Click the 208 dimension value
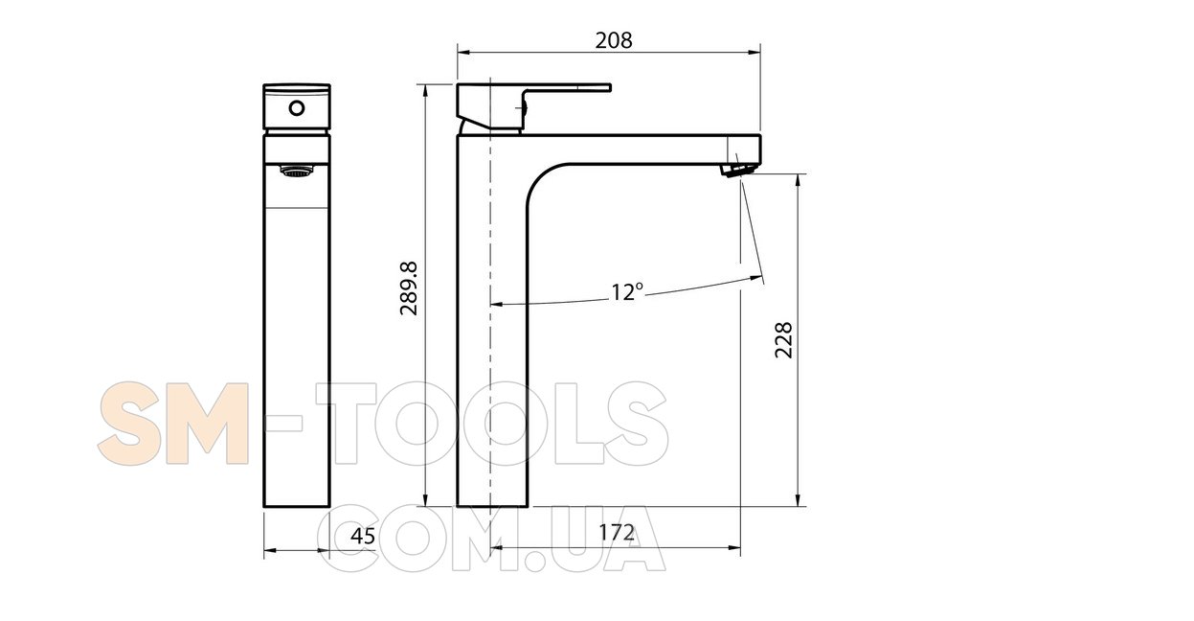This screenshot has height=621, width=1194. pyautogui.click(x=614, y=40)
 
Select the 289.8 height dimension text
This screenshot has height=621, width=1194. pyautogui.click(x=410, y=288)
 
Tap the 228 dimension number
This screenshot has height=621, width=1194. pyautogui.click(x=783, y=340)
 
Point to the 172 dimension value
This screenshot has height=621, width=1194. pyautogui.click(x=617, y=533)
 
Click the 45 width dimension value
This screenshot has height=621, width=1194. pyautogui.click(x=363, y=536)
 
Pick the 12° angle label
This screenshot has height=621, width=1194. pyautogui.click(x=627, y=292)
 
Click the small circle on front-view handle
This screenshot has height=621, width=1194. pyautogui.click(x=297, y=108)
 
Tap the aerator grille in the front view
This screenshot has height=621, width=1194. pyautogui.click(x=297, y=172)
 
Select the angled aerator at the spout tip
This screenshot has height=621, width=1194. pyautogui.click(x=737, y=170)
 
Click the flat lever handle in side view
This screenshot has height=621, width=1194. pyautogui.click(x=533, y=106)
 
